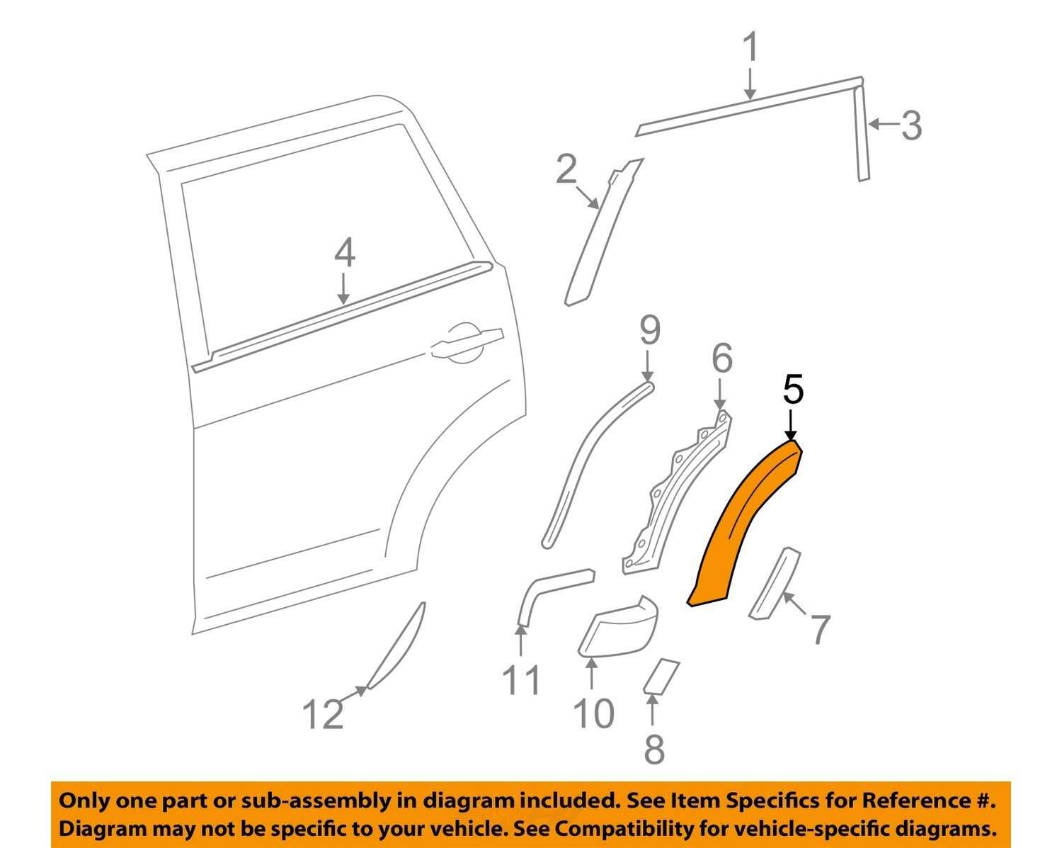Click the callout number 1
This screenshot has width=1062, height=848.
pyautogui.click(x=750, y=48)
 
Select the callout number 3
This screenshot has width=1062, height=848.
pyautogui.click(x=912, y=125)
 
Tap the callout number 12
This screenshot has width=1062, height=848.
pyautogui.click(x=323, y=713)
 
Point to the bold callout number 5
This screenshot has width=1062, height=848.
pyautogui.click(x=793, y=390)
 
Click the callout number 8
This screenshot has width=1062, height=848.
pyautogui.click(x=653, y=748)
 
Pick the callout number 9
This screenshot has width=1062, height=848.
pyautogui.click(x=649, y=330)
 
